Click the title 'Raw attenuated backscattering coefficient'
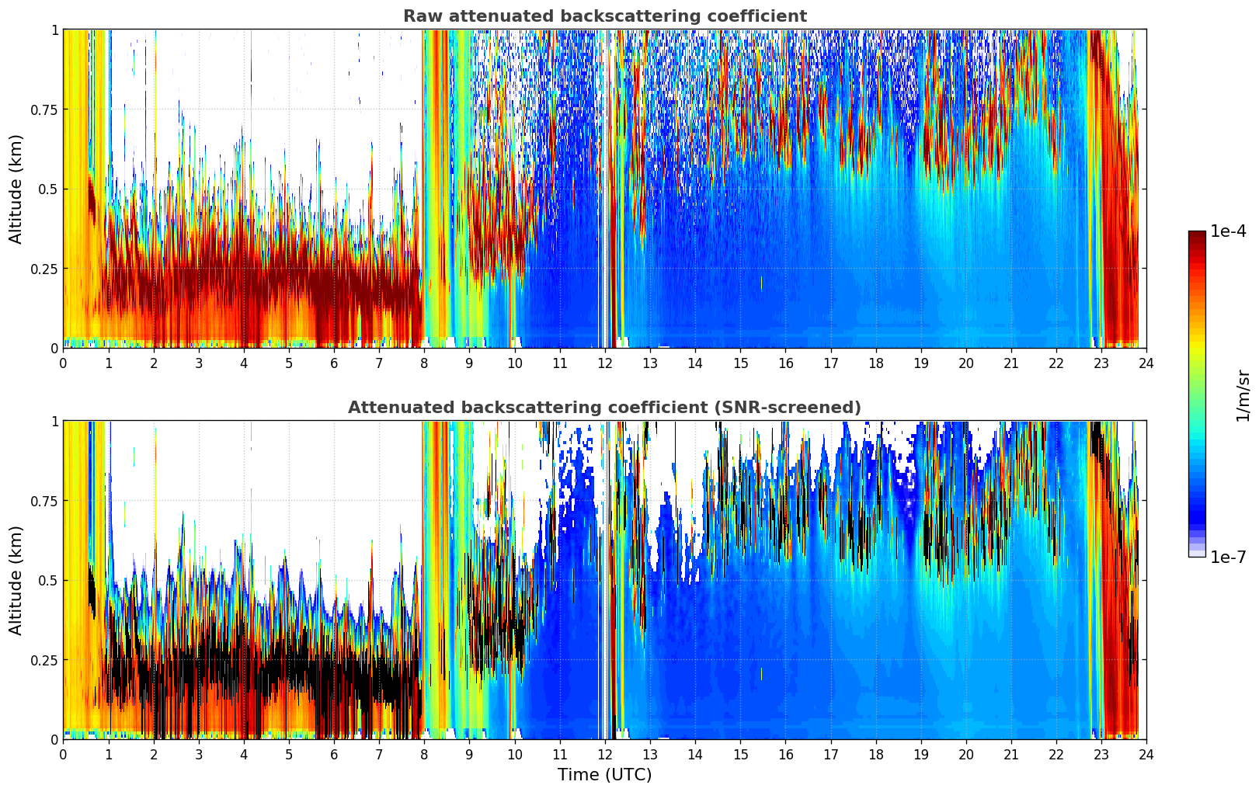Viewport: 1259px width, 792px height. pyautogui.click(x=604, y=16)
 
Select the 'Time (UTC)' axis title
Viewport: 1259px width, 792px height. pyautogui.click(x=604, y=774)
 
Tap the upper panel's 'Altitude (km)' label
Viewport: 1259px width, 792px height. pyautogui.click(x=16, y=189)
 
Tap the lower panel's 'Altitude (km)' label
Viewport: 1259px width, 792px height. pyautogui.click(x=16, y=580)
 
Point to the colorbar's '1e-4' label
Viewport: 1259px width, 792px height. pyautogui.click(x=1228, y=231)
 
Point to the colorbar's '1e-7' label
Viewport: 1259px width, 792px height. pyautogui.click(x=1228, y=557)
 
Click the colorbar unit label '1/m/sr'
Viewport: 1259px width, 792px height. pyautogui.click(x=1243, y=395)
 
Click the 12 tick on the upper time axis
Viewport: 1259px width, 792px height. pyautogui.click(x=604, y=363)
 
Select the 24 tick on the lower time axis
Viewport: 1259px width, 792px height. pyautogui.click(x=1146, y=754)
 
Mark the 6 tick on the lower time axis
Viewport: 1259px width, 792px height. pyautogui.click(x=334, y=754)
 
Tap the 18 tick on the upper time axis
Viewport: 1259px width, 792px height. pyautogui.click(x=875, y=363)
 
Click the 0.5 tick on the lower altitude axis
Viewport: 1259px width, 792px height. pyautogui.click(x=49, y=580)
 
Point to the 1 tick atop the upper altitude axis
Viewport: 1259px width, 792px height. pyautogui.click(x=54, y=30)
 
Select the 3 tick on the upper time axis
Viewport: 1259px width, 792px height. pyautogui.click(x=199, y=363)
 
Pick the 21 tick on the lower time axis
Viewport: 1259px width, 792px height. pyautogui.click(x=1010, y=754)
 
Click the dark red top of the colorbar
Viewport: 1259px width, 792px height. pyautogui.click(x=1196, y=235)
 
